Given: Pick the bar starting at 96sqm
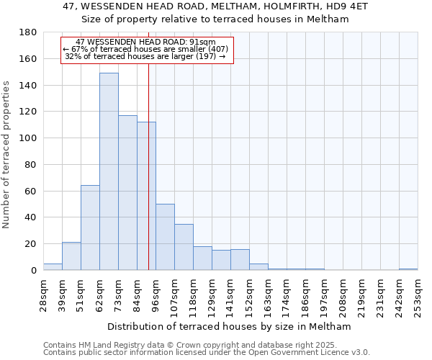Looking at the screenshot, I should pyautogui.click(x=165, y=237).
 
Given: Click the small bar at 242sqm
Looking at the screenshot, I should pyautogui.click(x=408, y=269).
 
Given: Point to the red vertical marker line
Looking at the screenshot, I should pyautogui.click(x=148, y=180).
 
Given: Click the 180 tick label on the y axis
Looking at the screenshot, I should pyautogui.click(x=29, y=32).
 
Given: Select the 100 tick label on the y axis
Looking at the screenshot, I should pyautogui.click(x=29, y=138).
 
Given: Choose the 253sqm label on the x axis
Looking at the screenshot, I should pyautogui.click(x=418, y=295).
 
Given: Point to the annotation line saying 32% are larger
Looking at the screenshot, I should pyautogui.click(x=145, y=56).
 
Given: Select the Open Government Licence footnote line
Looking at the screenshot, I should pyautogui.click(x=207, y=352).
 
